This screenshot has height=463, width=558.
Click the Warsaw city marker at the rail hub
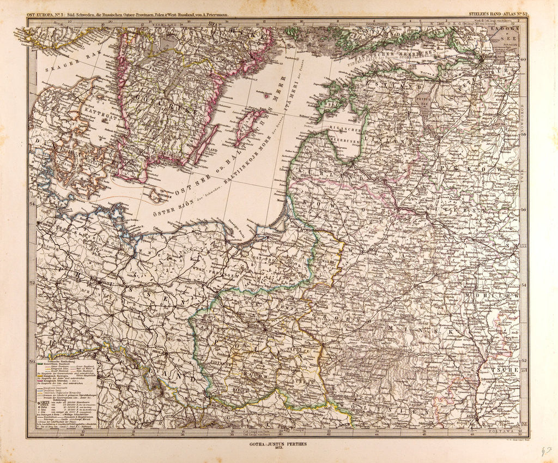click(264, 329)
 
